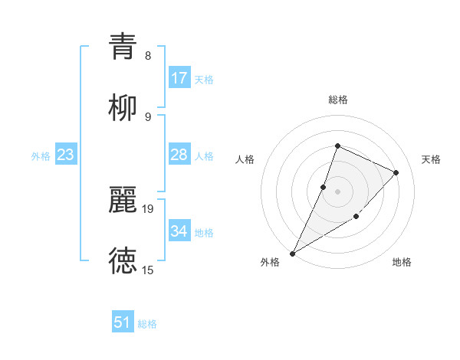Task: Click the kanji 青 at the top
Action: tap(123, 45)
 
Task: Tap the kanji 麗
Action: tap(123, 198)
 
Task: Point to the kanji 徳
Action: tap(123, 260)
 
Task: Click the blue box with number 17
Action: tap(179, 77)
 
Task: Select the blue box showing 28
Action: tap(179, 155)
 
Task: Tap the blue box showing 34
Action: tap(179, 231)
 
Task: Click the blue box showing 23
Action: tap(66, 155)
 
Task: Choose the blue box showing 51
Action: tap(123, 322)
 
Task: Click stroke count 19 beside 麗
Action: tap(149, 208)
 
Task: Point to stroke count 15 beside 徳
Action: tap(148, 270)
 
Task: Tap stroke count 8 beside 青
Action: tap(148, 55)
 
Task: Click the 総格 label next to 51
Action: tap(147, 324)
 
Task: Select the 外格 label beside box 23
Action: tap(41, 155)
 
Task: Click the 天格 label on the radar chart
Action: tap(431, 159)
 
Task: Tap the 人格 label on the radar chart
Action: tap(245, 159)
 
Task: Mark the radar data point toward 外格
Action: tap(293, 253)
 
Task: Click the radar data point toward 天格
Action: tap(396, 172)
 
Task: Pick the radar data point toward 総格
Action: tap(337, 146)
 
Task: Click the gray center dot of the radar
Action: tap(337, 191)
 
